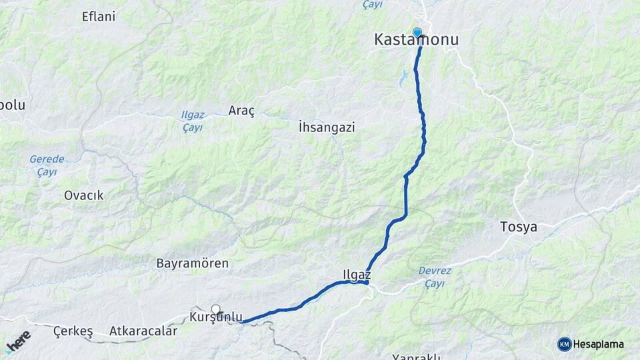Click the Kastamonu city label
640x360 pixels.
(x=416, y=40)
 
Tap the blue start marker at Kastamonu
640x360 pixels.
(x=417, y=32)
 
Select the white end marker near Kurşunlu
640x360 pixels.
(x=215, y=309)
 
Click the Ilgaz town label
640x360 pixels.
(x=356, y=273)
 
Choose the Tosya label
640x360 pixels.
(x=518, y=227)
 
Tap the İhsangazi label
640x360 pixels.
(x=326, y=127)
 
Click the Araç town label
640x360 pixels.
(x=241, y=111)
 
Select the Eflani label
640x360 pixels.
(x=99, y=17)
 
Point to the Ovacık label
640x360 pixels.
(x=83, y=195)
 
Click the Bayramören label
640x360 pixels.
(x=192, y=263)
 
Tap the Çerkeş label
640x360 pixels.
(x=73, y=331)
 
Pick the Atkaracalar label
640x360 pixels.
(x=143, y=331)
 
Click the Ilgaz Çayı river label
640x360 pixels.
(x=193, y=121)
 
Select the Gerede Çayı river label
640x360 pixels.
(x=47, y=165)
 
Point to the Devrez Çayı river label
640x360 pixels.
(x=435, y=277)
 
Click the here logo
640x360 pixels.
(x=18, y=342)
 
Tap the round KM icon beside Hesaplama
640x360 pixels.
(x=565, y=344)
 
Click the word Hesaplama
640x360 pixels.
(x=600, y=344)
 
